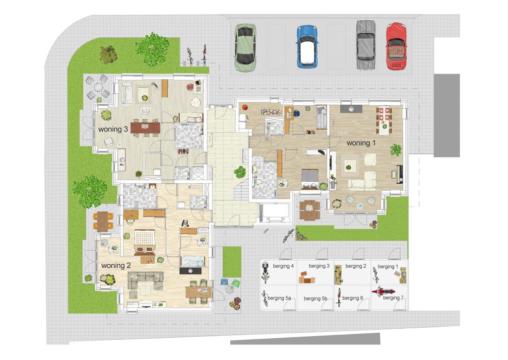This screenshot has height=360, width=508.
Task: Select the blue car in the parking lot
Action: point(307,46)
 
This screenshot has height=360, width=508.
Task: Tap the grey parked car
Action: point(366,45)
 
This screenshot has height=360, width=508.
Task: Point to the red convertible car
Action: point(396,46)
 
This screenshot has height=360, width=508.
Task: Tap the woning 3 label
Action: point(113,129)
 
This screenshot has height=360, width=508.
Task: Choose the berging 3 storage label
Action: point(319,266)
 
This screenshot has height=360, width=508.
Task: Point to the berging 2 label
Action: point(356,266)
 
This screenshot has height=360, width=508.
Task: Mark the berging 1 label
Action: point(388,267)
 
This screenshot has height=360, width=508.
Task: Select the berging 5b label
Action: point(316,298)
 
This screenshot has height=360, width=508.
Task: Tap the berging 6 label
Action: point(353,298)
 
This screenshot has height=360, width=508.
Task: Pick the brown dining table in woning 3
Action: point(145,128)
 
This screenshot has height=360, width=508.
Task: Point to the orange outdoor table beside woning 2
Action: point(103,220)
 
